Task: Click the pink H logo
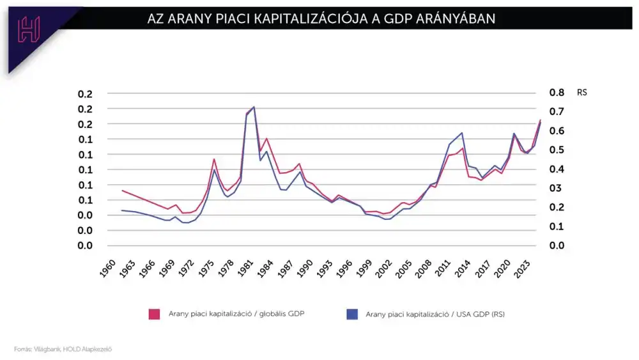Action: tap(29, 29)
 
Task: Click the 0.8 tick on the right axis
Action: tap(557, 93)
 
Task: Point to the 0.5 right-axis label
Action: tap(557, 150)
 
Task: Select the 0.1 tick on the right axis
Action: tap(557, 226)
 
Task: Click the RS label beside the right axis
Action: tap(581, 93)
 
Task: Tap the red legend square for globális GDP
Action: tap(154, 313)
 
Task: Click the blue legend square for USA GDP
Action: tap(351, 313)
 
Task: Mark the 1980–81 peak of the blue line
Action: tap(254, 107)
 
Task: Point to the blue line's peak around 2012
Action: tap(461, 133)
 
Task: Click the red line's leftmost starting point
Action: tap(122, 191)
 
